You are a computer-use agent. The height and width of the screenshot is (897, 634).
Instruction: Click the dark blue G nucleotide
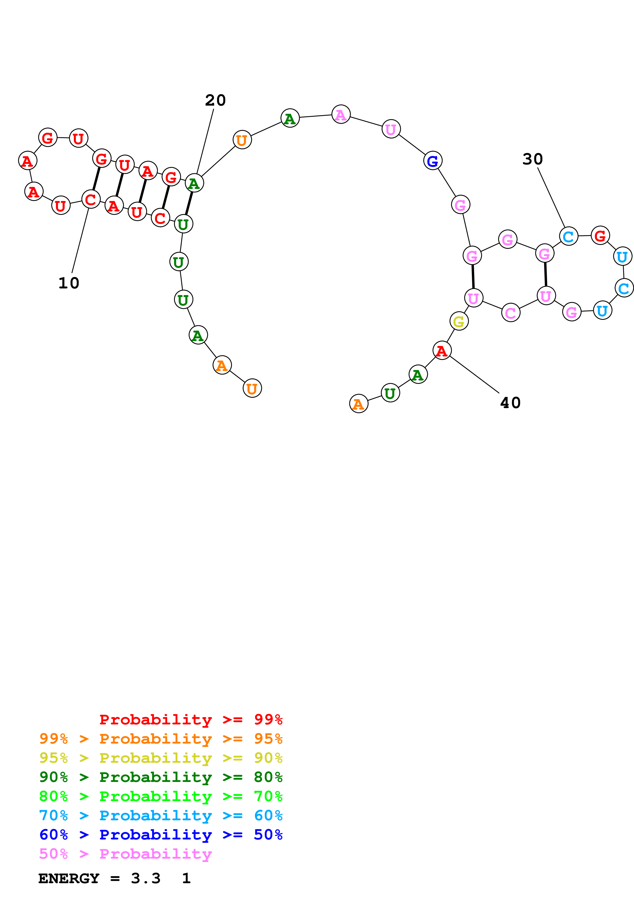pyautogui.click(x=432, y=161)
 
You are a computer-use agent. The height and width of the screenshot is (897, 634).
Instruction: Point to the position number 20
pyautogui.click(x=215, y=100)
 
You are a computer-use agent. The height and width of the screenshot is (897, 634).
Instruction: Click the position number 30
pyautogui.click(x=532, y=159)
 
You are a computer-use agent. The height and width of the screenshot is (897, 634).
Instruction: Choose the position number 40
pyautogui.click(x=510, y=403)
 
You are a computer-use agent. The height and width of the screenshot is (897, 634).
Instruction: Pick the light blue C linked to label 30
pyautogui.click(x=568, y=236)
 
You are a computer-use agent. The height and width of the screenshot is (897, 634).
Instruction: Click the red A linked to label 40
pyautogui.click(x=442, y=351)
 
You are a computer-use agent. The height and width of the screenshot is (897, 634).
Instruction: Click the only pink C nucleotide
pyautogui.click(x=510, y=312)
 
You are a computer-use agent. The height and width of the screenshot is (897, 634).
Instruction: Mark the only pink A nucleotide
pyautogui.click(x=341, y=115)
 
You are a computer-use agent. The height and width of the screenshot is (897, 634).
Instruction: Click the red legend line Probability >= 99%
pyautogui.click(x=191, y=719)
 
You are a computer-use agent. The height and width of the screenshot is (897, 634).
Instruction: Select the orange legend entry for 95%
pyautogui.click(x=161, y=738)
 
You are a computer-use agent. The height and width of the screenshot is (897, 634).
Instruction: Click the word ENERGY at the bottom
pyautogui.click(x=69, y=879)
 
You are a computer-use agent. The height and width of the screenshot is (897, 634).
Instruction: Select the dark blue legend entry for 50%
pyautogui.click(x=161, y=835)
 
